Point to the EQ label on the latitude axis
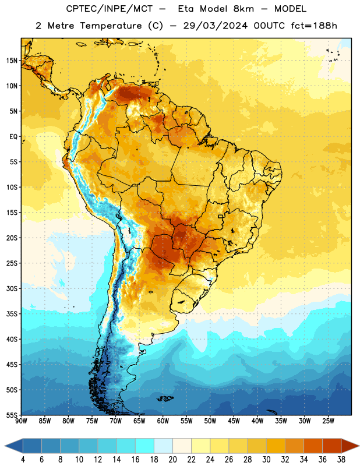[13, 137]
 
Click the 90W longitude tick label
[21, 421]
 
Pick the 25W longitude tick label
[328, 421]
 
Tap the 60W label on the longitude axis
[163, 421]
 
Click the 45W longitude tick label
[234, 421]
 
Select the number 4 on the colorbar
[23, 460]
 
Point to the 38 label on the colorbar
[341, 460]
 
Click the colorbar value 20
[172, 460]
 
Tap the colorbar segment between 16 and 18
[144, 446]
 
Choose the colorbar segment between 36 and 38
[332, 446]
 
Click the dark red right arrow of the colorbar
[350, 446]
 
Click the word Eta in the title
[186, 9]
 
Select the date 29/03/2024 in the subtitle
[215, 26]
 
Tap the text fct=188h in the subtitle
[314, 26]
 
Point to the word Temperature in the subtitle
[111, 26]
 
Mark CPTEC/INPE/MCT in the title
[109, 9]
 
